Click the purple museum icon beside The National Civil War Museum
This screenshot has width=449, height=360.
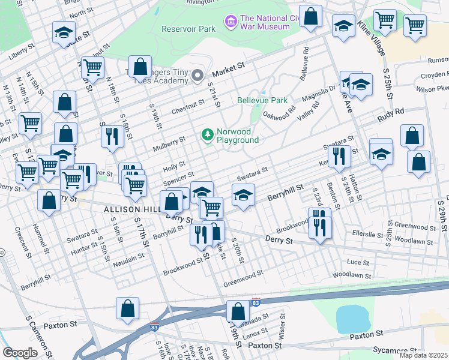[x=230, y=22]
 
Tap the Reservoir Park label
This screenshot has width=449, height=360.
[x=188, y=28]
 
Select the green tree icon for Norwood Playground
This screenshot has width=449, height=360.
[x=208, y=134]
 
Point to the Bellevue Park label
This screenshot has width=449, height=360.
[x=262, y=100]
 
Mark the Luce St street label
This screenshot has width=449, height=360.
[x=358, y=262]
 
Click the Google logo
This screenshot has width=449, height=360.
[x=20, y=352]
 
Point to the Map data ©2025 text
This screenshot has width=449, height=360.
[x=423, y=355]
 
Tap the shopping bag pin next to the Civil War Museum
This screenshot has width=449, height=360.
[x=310, y=17]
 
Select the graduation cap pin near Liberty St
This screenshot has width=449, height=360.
[x=63, y=34]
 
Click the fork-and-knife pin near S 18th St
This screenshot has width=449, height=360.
[x=112, y=136]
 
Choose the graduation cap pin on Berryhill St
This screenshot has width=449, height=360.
[x=243, y=196]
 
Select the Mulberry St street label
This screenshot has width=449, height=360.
[x=169, y=142]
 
